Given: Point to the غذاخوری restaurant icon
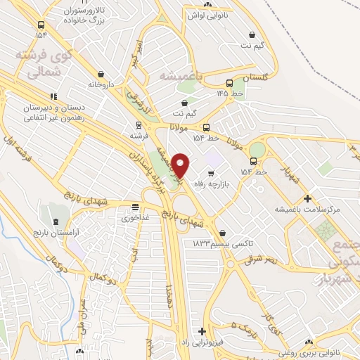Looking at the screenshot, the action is [x=135, y=207].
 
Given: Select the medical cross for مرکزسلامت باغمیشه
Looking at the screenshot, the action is [x=307, y=198].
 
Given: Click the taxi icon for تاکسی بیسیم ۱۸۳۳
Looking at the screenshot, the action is [x=222, y=233].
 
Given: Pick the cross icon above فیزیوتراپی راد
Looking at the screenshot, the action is [x=202, y=331].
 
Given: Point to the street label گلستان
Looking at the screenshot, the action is [x=256, y=77].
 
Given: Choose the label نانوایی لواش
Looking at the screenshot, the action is [x=205, y=13].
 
